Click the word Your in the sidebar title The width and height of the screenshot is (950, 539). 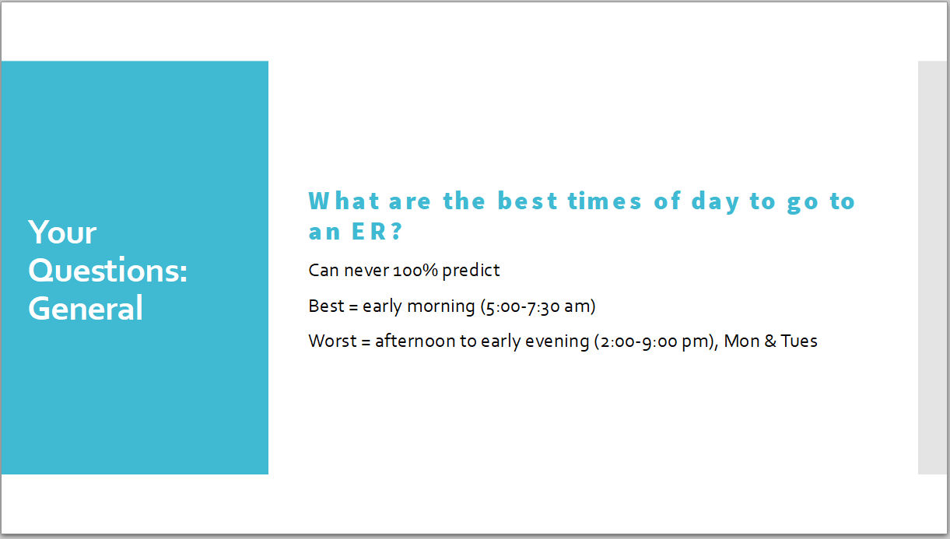pyautogui.click(x=62, y=233)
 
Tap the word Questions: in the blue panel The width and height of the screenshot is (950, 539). pyautogui.click(x=107, y=270)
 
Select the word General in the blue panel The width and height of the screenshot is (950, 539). pyautogui.click(x=86, y=307)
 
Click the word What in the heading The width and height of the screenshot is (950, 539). pyautogui.click(x=344, y=201)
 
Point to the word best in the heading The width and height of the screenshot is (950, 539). pyautogui.click(x=528, y=201)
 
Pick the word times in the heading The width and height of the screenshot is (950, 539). pyautogui.click(x=605, y=201)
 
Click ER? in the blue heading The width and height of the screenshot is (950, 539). pyautogui.click(x=377, y=231)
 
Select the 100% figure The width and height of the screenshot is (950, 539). pyautogui.click(x=415, y=271)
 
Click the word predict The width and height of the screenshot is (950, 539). pyautogui.click(x=471, y=271)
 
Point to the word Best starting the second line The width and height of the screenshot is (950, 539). pyautogui.click(x=326, y=306)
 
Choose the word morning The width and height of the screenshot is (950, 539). pyautogui.click(x=440, y=306)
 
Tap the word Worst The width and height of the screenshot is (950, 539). pyautogui.click(x=332, y=341)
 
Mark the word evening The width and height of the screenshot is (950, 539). pyautogui.click(x=557, y=341)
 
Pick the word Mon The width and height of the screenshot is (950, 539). pyautogui.click(x=741, y=341)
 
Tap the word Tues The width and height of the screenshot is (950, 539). pyautogui.click(x=799, y=341)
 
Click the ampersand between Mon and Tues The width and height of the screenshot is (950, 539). pyautogui.click(x=769, y=341)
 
